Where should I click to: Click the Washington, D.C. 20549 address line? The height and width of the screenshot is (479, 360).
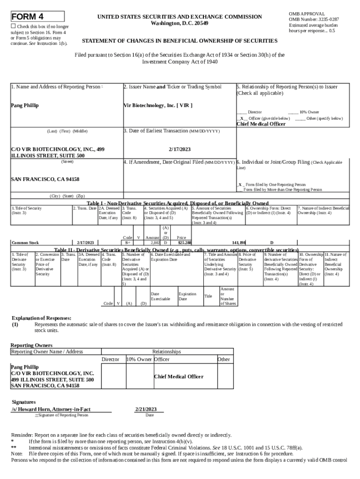pos(180,23)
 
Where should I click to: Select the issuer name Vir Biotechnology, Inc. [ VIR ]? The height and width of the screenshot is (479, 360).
pos(158,105)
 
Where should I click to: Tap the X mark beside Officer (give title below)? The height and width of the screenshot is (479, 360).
pos(241,118)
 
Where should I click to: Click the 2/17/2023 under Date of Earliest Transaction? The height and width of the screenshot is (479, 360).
pos(180,149)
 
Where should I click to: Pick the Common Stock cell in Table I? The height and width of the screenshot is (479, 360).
pos(25,243)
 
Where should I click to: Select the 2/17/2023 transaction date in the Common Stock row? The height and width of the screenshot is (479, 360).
pos(86,243)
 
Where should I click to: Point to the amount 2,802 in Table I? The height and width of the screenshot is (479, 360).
pos(155,243)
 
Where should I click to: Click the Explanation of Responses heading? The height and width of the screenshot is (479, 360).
pos(41,318)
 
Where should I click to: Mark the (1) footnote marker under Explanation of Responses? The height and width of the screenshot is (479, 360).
pos(15,324)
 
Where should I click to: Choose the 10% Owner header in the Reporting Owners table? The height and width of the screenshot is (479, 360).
pos(139,359)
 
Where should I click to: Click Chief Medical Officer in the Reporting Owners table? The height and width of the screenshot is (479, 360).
pos(179,377)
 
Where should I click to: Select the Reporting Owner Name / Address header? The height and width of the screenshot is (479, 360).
pos(47,351)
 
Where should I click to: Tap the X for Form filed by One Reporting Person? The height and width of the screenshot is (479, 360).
pos(240,185)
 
